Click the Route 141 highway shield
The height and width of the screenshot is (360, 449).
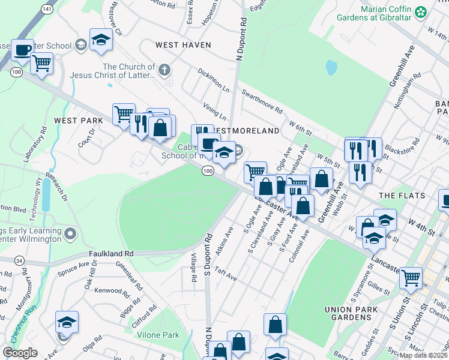coord(46,10)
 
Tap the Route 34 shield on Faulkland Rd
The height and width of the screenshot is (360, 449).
coord(19,260)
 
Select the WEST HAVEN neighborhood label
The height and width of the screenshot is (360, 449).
coord(183,45)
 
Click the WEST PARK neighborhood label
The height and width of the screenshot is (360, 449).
coord(79,121)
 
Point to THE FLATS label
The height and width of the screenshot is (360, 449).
coord(402,196)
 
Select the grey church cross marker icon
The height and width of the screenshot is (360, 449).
coord(164,71)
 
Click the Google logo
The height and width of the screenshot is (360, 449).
coord(20,353)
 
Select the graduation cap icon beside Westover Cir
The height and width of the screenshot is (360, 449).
coord(101,40)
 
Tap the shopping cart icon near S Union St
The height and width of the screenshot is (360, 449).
coord(411,277)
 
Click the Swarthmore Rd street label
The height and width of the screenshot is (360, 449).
coord(262,101)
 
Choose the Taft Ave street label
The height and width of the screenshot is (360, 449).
coord(226,275)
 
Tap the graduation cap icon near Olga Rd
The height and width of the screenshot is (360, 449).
coord(67,322)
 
